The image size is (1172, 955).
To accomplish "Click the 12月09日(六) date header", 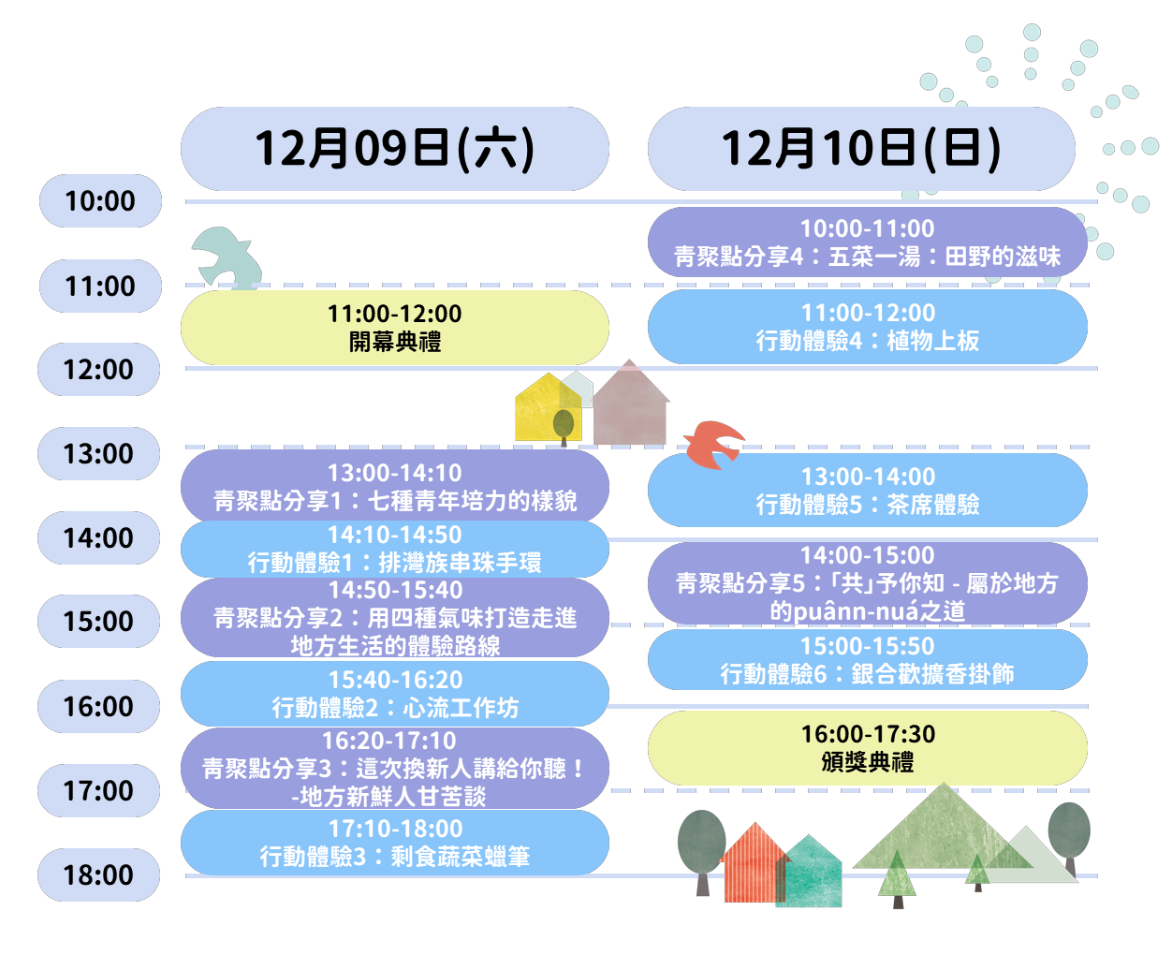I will point(394,149).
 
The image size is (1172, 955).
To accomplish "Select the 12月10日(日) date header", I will point(860,149).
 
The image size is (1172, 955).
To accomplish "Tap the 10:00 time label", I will point(100,200).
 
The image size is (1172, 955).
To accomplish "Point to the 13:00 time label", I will point(98,453).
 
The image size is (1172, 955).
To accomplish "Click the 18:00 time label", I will point(98,874).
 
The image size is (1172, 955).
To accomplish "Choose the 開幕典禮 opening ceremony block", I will point(394,328).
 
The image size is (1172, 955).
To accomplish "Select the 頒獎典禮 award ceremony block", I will point(867,748).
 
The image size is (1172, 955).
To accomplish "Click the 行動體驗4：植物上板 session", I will point(867,327).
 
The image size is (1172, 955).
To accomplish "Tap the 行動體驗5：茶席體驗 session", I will point(867,491).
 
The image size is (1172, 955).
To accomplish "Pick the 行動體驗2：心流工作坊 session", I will point(394,694).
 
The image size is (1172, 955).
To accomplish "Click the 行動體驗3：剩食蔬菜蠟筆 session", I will point(394,843).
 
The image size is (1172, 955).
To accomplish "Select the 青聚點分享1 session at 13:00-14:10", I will point(394,487).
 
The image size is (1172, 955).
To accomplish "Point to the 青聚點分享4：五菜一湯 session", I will point(867,242).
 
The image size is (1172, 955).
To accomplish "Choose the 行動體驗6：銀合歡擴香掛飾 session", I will point(867,660).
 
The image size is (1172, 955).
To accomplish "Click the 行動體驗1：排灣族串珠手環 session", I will point(394,549).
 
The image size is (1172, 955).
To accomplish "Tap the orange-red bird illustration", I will point(713,444).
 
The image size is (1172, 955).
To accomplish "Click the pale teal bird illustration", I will point(227,256).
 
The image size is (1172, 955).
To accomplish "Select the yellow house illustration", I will point(546,409).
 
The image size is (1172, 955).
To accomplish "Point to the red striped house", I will point(753,864).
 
